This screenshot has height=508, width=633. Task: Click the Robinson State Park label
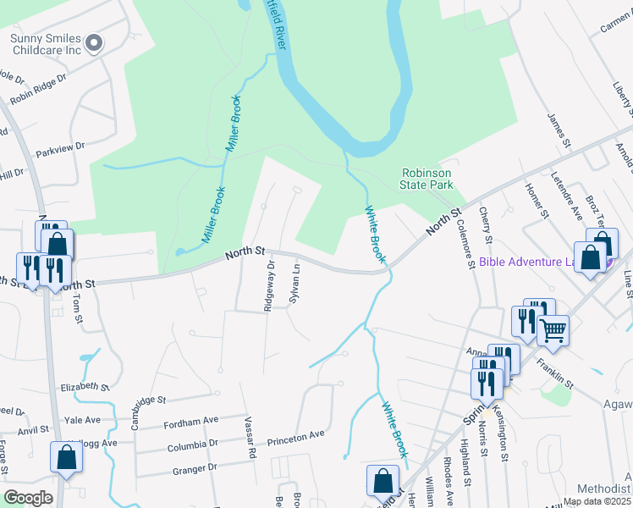427,178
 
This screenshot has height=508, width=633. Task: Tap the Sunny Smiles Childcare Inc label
46,45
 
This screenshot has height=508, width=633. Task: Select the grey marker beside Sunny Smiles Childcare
95,42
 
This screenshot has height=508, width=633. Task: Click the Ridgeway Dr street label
270,286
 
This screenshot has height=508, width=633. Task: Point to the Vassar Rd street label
250,438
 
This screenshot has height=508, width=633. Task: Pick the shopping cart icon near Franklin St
553,330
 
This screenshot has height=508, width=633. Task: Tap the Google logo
28,497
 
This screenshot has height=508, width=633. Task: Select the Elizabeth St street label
84,386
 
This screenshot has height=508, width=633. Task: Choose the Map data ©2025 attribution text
597,501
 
